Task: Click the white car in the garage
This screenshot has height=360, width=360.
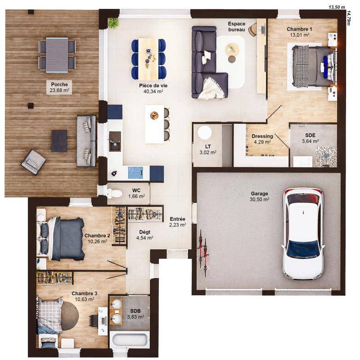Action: click(x=303, y=233)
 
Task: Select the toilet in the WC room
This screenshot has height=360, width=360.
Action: click(x=114, y=193)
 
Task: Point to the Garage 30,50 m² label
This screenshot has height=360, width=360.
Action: click(x=260, y=197)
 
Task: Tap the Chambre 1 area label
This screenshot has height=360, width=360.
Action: click(x=299, y=31)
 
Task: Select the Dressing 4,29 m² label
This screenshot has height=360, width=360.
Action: click(x=262, y=139)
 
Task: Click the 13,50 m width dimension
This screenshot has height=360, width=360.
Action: click(x=336, y=7)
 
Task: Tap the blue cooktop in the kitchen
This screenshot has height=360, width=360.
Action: click(x=135, y=172)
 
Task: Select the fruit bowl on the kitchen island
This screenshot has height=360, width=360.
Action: click(x=154, y=115)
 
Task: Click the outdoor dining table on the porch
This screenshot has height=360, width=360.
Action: click(x=57, y=54)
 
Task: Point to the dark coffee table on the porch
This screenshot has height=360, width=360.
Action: click(x=59, y=141)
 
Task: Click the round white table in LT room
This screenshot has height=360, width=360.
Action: click(x=205, y=133)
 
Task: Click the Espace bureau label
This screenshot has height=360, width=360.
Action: click(x=237, y=27)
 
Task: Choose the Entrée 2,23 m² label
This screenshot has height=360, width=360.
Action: click(x=178, y=222)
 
